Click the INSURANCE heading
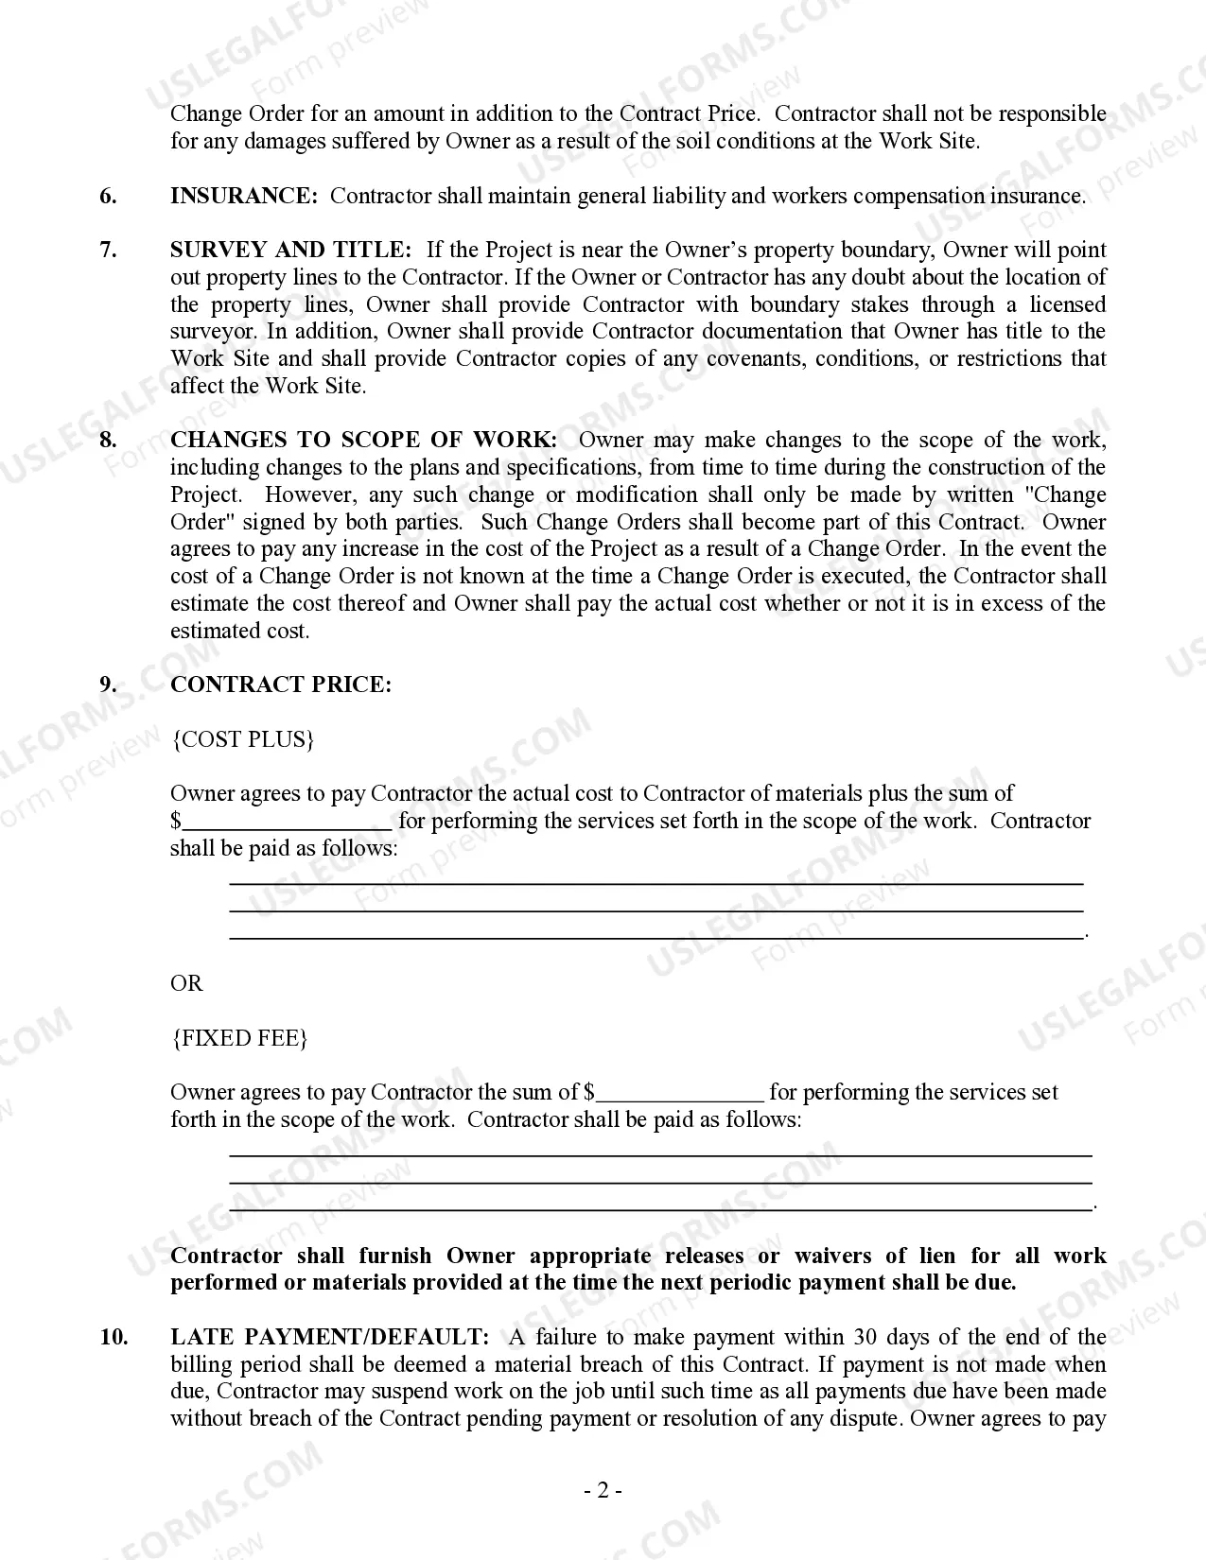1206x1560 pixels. click(x=243, y=196)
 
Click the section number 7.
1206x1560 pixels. click(x=108, y=250)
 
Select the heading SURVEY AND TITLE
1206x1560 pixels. click(x=290, y=250)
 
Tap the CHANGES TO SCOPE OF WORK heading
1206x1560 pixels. click(x=363, y=440)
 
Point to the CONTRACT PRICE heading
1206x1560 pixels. click(x=280, y=685)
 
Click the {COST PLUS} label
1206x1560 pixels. click(x=242, y=739)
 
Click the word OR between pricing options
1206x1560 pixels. click(x=186, y=983)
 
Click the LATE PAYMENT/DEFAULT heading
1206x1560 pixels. click(x=329, y=1337)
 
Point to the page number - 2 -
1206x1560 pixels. click(x=603, y=1491)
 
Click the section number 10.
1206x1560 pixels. click(x=114, y=1337)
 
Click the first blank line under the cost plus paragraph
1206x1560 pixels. click(x=656, y=882)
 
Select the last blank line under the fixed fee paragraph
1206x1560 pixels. click(x=660, y=1208)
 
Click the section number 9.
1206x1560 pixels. click(x=108, y=685)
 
